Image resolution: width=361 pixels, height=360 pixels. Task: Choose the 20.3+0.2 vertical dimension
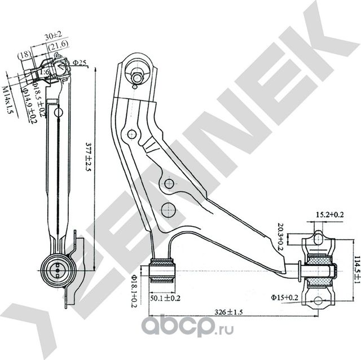[280, 235]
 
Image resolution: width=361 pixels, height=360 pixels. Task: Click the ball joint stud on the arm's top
[137, 74]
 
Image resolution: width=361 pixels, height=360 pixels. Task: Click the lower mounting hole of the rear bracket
[319, 299]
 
